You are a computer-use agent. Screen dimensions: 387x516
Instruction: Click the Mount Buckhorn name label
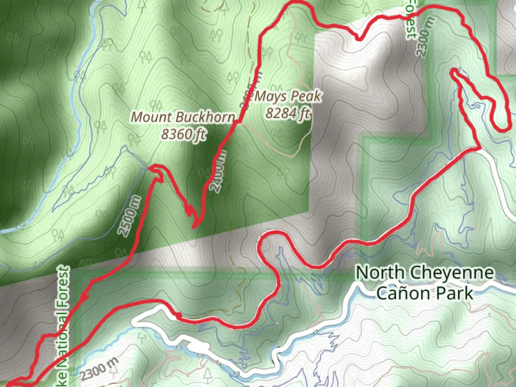[x=183, y=117]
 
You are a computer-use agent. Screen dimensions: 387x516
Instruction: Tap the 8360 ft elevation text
[x=183, y=134]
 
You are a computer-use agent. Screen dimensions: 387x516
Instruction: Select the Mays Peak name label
[x=288, y=96]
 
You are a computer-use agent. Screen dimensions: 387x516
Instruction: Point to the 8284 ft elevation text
[x=287, y=113]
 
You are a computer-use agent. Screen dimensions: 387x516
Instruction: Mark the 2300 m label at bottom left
[x=99, y=369]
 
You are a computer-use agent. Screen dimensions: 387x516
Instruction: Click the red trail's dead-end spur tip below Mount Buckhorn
[x=194, y=226]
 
